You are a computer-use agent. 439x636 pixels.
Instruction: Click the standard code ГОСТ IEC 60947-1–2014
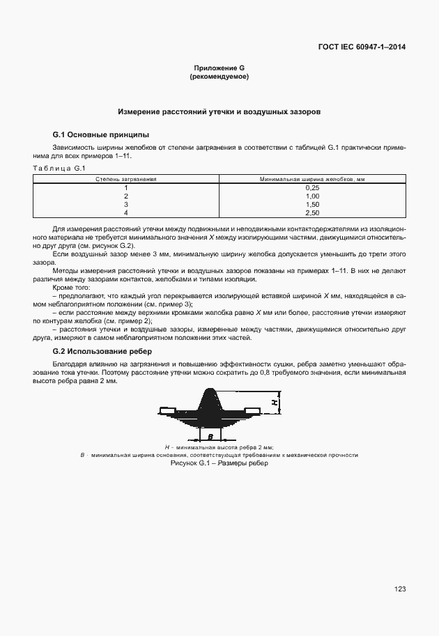pyautogui.click(x=362, y=47)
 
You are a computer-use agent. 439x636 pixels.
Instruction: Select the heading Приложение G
pyautogui.click(x=219, y=68)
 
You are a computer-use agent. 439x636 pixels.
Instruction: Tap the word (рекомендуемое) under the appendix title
pyautogui.click(x=219, y=76)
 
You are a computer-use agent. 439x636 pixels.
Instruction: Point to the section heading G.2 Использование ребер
pyautogui.click(x=102, y=351)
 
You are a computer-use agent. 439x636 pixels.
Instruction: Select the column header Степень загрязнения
pyautogui.click(x=126, y=179)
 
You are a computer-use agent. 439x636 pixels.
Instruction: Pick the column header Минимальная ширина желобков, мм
pyautogui.click(x=312, y=179)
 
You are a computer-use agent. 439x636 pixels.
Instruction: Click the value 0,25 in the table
pyautogui.click(x=312, y=188)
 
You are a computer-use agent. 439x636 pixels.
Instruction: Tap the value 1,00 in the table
pyautogui.click(x=312, y=196)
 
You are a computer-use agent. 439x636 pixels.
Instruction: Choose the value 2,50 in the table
pyautogui.click(x=312, y=212)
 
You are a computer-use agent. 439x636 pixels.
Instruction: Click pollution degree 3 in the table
pyautogui.click(x=126, y=204)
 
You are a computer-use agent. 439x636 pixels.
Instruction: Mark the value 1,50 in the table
pyautogui.click(x=312, y=204)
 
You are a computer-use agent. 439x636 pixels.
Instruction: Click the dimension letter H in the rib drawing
pyautogui.click(x=275, y=403)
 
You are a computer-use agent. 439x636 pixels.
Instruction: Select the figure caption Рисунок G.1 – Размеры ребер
pyautogui.click(x=219, y=463)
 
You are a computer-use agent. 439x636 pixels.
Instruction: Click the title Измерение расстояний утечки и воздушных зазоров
pyautogui.click(x=219, y=111)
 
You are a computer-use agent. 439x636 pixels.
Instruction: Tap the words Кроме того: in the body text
pyautogui.click(x=71, y=287)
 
